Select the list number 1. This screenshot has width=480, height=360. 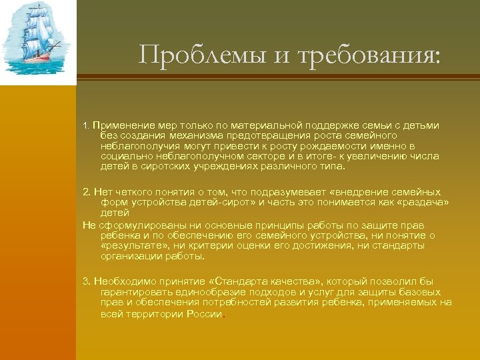coord(85,125)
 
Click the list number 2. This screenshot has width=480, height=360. coord(86,192)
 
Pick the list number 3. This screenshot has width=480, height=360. coord(86,281)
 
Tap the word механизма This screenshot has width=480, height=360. coord(200,135)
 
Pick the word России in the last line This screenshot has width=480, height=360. coord(205,313)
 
